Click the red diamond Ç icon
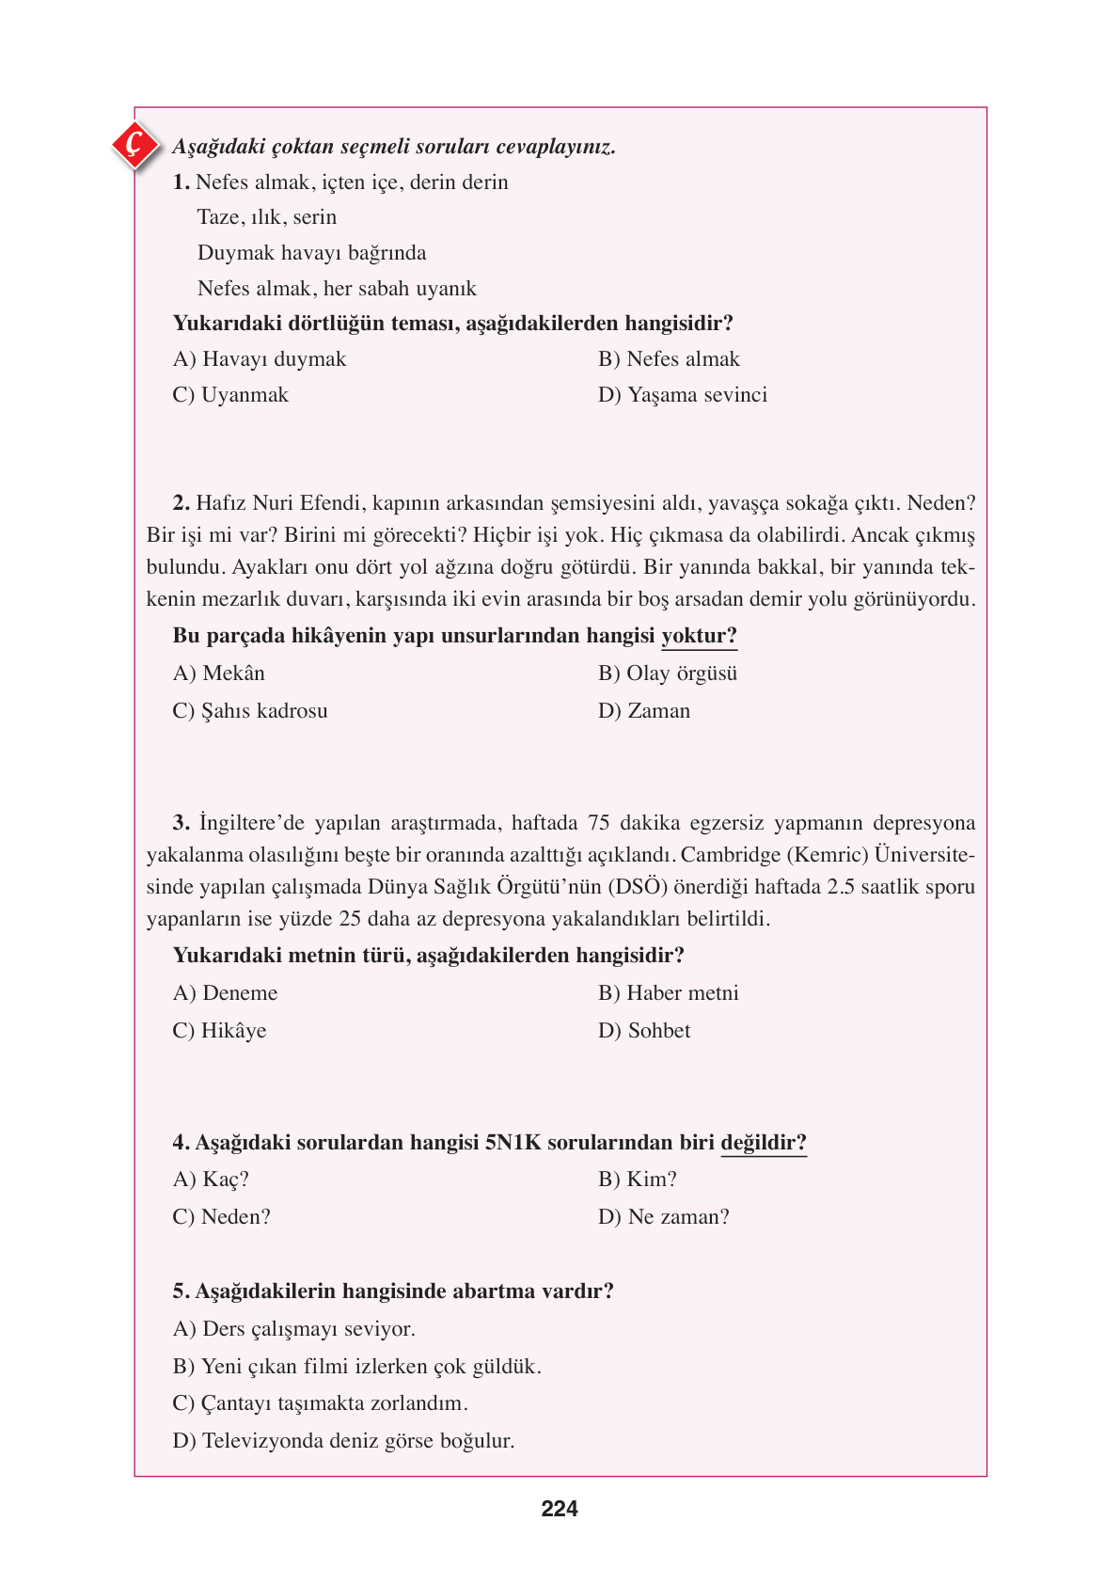[135, 145]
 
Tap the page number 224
[560, 1509]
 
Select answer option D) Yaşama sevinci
[683, 395]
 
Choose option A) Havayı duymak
[260, 359]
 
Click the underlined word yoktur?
[699, 636]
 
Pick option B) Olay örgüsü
[668, 673]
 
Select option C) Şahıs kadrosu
[250, 711]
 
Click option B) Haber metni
[668, 993]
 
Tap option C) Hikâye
[219, 1031]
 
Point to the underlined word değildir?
[764, 1143]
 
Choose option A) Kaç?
[211, 1180]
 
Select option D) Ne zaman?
[664, 1217]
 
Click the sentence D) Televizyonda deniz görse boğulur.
[343, 1441]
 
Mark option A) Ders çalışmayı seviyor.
[293, 1329]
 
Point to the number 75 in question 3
[599, 823]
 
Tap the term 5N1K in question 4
[513, 1143]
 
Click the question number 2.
[181, 503]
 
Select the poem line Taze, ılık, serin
[267, 217]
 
